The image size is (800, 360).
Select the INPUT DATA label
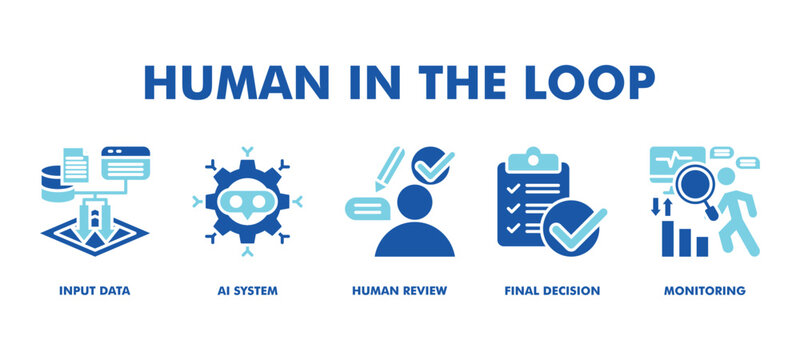click(94, 291)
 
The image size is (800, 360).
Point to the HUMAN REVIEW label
click(399, 291)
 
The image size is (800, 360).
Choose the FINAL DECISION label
click(552, 291)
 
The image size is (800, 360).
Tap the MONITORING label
click(705, 291)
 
